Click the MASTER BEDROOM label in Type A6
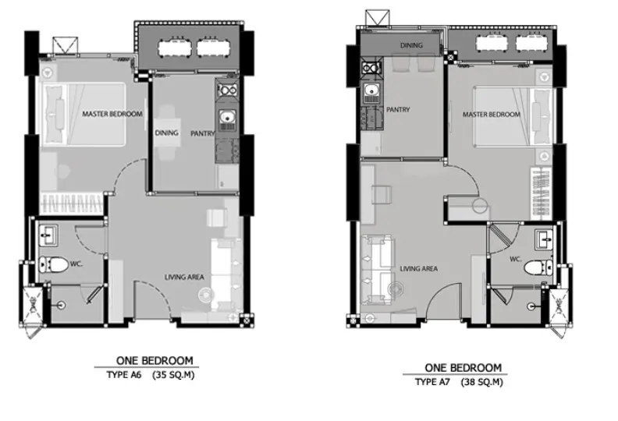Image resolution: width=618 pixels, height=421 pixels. pyautogui.click(x=112, y=114)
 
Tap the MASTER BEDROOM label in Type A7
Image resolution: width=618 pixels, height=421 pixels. pyautogui.click(x=492, y=115)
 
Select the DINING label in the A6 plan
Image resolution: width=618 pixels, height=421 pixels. pyautogui.click(x=166, y=133)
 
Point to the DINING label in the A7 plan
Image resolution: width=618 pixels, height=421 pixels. pyautogui.click(x=411, y=46)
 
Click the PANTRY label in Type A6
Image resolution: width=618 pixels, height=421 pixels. pyautogui.click(x=203, y=134)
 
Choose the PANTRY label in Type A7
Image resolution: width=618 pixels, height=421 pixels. pyautogui.click(x=398, y=109)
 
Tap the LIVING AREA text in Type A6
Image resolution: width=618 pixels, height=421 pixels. pyautogui.click(x=184, y=278)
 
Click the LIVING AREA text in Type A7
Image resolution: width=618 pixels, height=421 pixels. pyautogui.click(x=418, y=269)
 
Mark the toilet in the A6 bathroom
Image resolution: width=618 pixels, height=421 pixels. pyautogui.click(x=53, y=264)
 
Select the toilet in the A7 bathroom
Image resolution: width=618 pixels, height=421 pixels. pyautogui.click(x=538, y=268)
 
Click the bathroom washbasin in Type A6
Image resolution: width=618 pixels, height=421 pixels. pyautogui.click(x=48, y=235)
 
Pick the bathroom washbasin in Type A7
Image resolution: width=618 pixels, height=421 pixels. pyautogui.click(x=544, y=240)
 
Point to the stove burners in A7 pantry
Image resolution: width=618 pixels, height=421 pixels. pyautogui.click(x=371, y=68)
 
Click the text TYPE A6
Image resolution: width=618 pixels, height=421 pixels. pyautogui.click(x=124, y=375)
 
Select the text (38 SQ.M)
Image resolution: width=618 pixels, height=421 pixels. pyautogui.click(x=481, y=382)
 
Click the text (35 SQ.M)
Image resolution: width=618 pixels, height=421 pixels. pyautogui.click(x=173, y=375)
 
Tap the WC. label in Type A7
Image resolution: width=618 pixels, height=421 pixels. pyautogui.click(x=516, y=259)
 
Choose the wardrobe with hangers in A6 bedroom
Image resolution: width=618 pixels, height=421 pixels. pyautogui.click(x=71, y=203)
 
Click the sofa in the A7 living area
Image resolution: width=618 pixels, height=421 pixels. pyautogui.click(x=378, y=271)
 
